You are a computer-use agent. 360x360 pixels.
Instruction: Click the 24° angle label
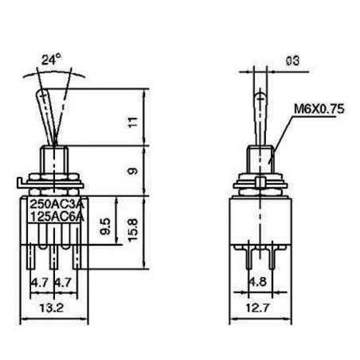[50, 60]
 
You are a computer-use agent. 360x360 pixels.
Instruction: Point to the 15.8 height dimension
[133, 230]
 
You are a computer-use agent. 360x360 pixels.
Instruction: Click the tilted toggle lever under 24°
[49, 115]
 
